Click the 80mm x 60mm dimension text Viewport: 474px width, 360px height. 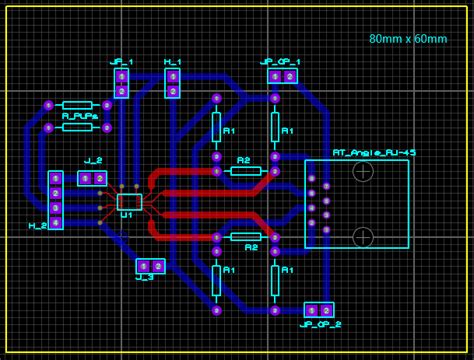pyautogui.click(x=407, y=38)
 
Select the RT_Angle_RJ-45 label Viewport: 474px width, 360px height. pyautogui.click(x=374, y=152)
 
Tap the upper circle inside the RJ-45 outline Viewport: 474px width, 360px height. pyautogui.click(x=363, y=171)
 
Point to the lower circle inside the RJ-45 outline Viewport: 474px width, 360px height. pyautogui.click(x=363, y=237)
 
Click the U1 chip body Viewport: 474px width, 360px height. pyautogui.click(x=129, y=201)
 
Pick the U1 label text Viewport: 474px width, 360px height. pyautogui.click(x=125, y=215)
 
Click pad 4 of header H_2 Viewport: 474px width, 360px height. pyautogui.click(x=56, y=222)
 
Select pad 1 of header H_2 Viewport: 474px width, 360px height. pyautogui.click(x=56, y=178)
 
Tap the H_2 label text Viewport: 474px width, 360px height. pyautogui.click(x=38, y=226)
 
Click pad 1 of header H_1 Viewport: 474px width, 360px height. pyautogui.click(x=173, y=76)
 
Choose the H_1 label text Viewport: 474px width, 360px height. pyautogui.click(x=172, y=61)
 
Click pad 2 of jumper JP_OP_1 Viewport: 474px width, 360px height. pyautogui.click(x=290, y=76)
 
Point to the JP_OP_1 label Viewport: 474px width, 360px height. pyautogui.click(x=280, y=61)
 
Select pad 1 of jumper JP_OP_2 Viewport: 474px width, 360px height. pyautogui.click(x=312, y=310)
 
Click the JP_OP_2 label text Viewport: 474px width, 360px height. pyautogui.click(x=320, y=325)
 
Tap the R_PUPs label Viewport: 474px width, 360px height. pyautogui.click(x=79, y=116)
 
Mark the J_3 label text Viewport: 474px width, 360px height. pyautogui.click(x=143, y=277)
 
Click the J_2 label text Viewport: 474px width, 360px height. pyautogui.click(x=93, y=161)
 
